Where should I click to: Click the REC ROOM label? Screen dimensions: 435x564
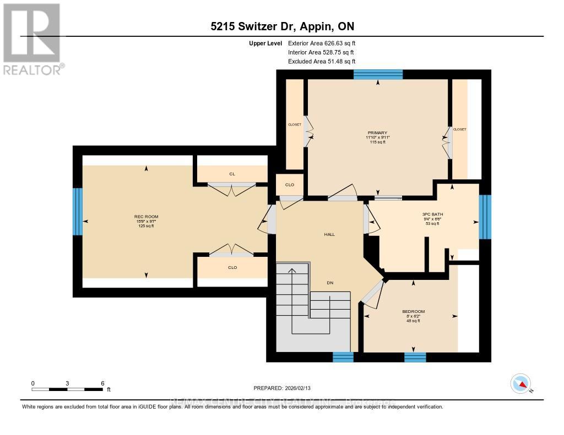pos(144,216)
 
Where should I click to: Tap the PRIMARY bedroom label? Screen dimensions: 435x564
pos(378,133)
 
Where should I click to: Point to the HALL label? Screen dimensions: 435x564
pos(329,234)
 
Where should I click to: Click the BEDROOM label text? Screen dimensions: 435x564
pos(413,311)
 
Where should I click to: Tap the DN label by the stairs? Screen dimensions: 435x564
pos(330,283)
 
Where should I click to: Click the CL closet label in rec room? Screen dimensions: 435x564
pos(232,174)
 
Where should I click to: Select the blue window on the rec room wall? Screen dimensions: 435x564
pos(78,212)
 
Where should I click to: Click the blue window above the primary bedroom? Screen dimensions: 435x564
pos(378,75)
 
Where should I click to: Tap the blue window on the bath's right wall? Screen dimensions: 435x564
pos(485,217)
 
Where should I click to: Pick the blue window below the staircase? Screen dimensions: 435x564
pos(343,357)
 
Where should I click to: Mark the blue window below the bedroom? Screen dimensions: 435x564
pos(415,357)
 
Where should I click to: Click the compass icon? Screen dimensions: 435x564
pos(520,384)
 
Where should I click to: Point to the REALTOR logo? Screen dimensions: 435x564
pos(32,38)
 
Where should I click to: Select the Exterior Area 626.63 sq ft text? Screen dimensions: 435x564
pos(326,43)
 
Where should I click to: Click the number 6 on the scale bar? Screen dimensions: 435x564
pos(102,383)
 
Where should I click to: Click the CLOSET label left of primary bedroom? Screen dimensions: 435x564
pos(295,125)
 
